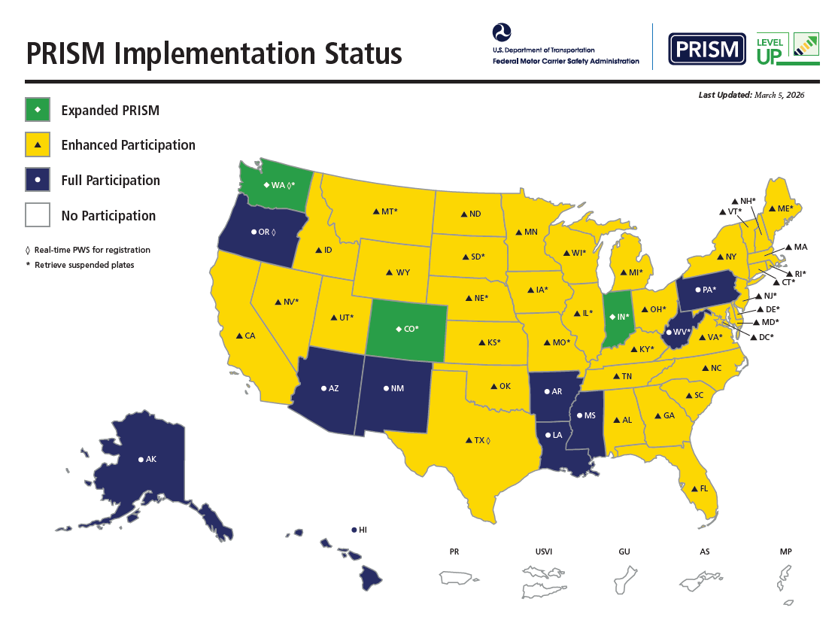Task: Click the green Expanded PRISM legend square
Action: pos(38,110)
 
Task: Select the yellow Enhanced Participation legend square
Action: pos(38,145)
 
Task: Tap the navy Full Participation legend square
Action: pos(38,181)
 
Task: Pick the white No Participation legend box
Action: pos(38,215)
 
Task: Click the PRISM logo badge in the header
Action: pos(707,49)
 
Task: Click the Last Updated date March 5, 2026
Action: pos(779,95)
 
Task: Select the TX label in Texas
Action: pos(478,439)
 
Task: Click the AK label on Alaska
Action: pos(150,459)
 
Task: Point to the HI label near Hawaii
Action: pos(362,530)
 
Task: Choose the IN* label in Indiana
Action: pos(622,317)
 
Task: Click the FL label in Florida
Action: pos(703,488)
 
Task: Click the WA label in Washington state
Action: pos(280,184)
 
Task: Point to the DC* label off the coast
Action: pos(765,337)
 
